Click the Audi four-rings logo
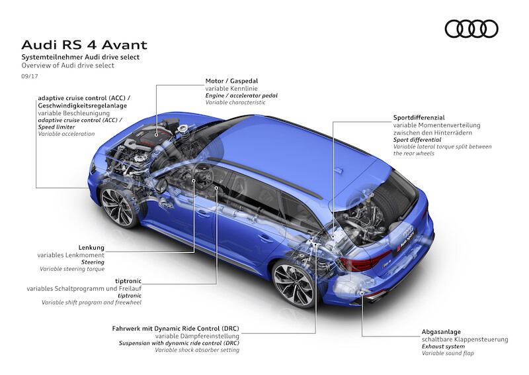point(471,28)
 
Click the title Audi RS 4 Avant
point(84,45)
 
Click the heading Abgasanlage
point(441,331)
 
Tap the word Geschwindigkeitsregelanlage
point(83,105)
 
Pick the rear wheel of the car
point(292,281)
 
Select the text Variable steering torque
point(72,269)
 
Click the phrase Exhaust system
point(444,347)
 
